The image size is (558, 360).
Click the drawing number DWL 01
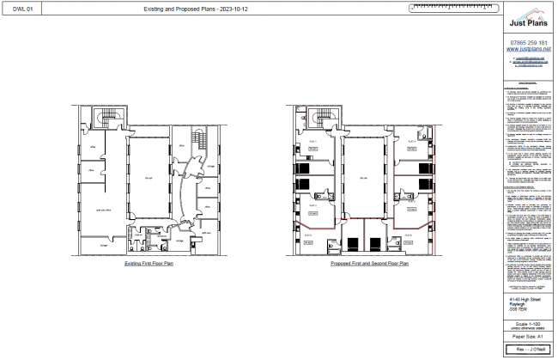pos(25,9)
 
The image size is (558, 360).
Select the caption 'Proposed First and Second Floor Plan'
pos(369,264)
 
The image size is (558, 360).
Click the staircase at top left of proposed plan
pos(318,118)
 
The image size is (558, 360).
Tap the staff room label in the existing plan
pos(206,220)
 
